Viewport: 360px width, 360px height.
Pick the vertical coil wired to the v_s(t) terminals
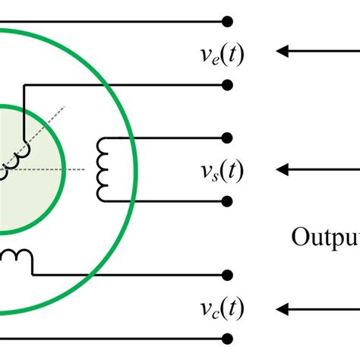coord(103,169)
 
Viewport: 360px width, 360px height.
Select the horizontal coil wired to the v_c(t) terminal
coord(18,258)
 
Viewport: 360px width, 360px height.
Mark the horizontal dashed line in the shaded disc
coord(53,169)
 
